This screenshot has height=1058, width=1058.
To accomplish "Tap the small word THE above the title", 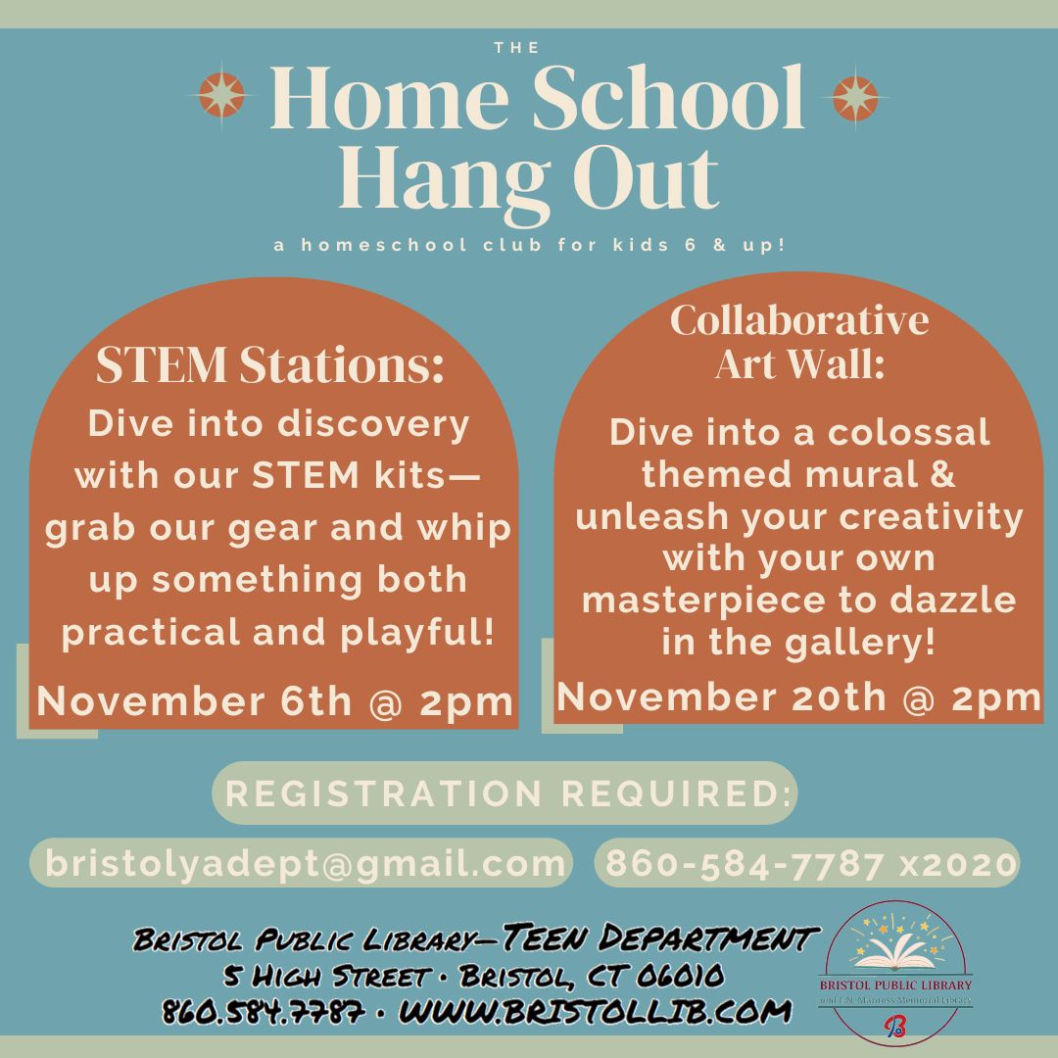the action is click(x=516, y=47).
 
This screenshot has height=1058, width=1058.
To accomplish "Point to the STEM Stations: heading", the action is click(x=270, y=364).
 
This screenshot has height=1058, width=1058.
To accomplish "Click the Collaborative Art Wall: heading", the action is click(x=799, y=341).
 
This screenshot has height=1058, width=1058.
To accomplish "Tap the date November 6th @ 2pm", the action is click(x=275, y=701).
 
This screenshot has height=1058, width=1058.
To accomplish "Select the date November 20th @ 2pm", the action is click(x=799, y=697).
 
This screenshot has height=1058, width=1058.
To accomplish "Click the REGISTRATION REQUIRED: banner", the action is click(x=505, y=793).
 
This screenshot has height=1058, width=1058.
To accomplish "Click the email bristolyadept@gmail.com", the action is click(x=305, y=863).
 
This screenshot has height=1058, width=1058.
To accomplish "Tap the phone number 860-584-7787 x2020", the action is click(x=811, y=863).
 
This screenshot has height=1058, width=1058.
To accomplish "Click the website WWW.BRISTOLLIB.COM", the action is click(x=596, y=1011).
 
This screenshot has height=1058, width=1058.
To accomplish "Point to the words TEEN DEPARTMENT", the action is click(x=661, y=938).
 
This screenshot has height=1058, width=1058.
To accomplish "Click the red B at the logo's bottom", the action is click(x=894, y=1027).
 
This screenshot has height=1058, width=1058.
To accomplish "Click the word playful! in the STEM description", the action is click(x=417, y=633).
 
